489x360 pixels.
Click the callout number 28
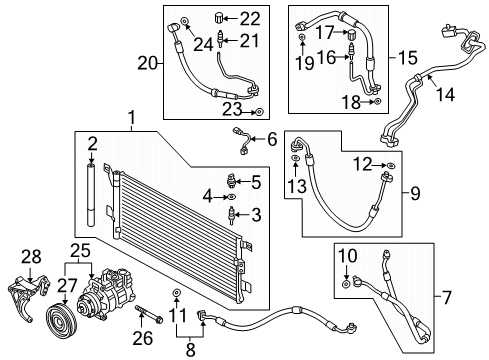pos(31,257)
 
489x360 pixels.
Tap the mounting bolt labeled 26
pos(149,314)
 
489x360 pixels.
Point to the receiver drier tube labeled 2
pos(91,194)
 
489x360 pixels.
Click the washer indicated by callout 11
pos(175,293)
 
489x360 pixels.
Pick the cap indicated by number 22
pos(218,17)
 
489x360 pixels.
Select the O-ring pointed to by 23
pos(259,112)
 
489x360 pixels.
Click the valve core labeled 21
pos(220,40)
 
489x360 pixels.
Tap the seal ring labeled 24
pos(184,21)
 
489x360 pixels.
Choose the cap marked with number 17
pos(352,34)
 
